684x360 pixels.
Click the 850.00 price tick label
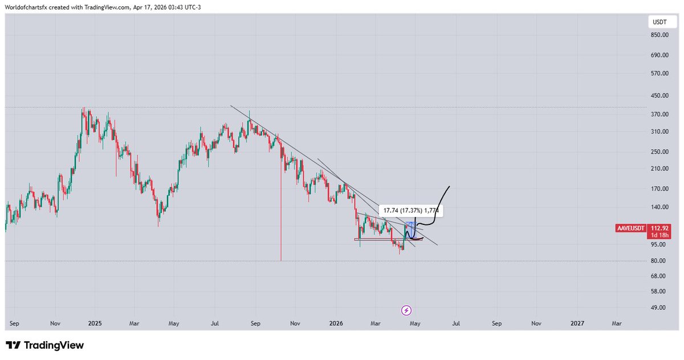click(x=659, y=35)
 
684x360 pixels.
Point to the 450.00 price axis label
click(x=659, y=96)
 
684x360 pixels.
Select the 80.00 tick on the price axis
click(x=659, y=261)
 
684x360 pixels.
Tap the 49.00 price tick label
click(x=659, y=308)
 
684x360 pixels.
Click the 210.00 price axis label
click(x=659, y=169)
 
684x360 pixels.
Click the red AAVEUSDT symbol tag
click(x=632, y=228)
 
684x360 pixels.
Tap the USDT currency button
click(x=659, y=22)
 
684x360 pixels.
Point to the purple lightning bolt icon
click(x=406, y=310)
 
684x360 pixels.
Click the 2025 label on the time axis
click(x=95, y=324)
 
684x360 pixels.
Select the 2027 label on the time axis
click(x=577, y=324)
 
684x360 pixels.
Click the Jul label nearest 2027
click(x=456, y=324)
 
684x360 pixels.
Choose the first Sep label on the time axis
click(x=15, y=324)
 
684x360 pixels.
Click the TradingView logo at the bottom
click(x=44, y=345)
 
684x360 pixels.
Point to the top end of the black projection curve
click(x=450, y=186)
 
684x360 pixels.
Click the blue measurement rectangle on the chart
click(x=409, y=229)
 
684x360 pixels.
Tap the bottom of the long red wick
click(x=281, y=260)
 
